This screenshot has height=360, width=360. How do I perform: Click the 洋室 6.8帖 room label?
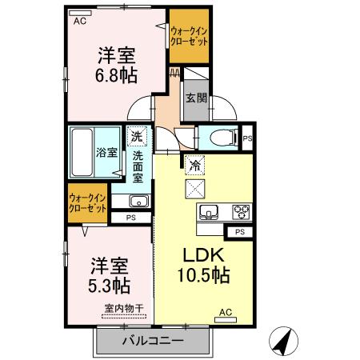coord(117,66)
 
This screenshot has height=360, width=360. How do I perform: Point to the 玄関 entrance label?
coord(196,98)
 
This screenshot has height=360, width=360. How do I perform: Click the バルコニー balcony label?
coord(153,341)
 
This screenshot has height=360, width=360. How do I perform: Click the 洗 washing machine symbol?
coord(138,138)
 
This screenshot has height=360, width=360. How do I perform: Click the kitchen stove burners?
coord(240,212)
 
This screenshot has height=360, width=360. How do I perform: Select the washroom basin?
coord(138,200)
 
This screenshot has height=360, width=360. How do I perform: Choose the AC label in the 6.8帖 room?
coord(79,22)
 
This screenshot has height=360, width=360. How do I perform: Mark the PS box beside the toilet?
coord(247,138)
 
